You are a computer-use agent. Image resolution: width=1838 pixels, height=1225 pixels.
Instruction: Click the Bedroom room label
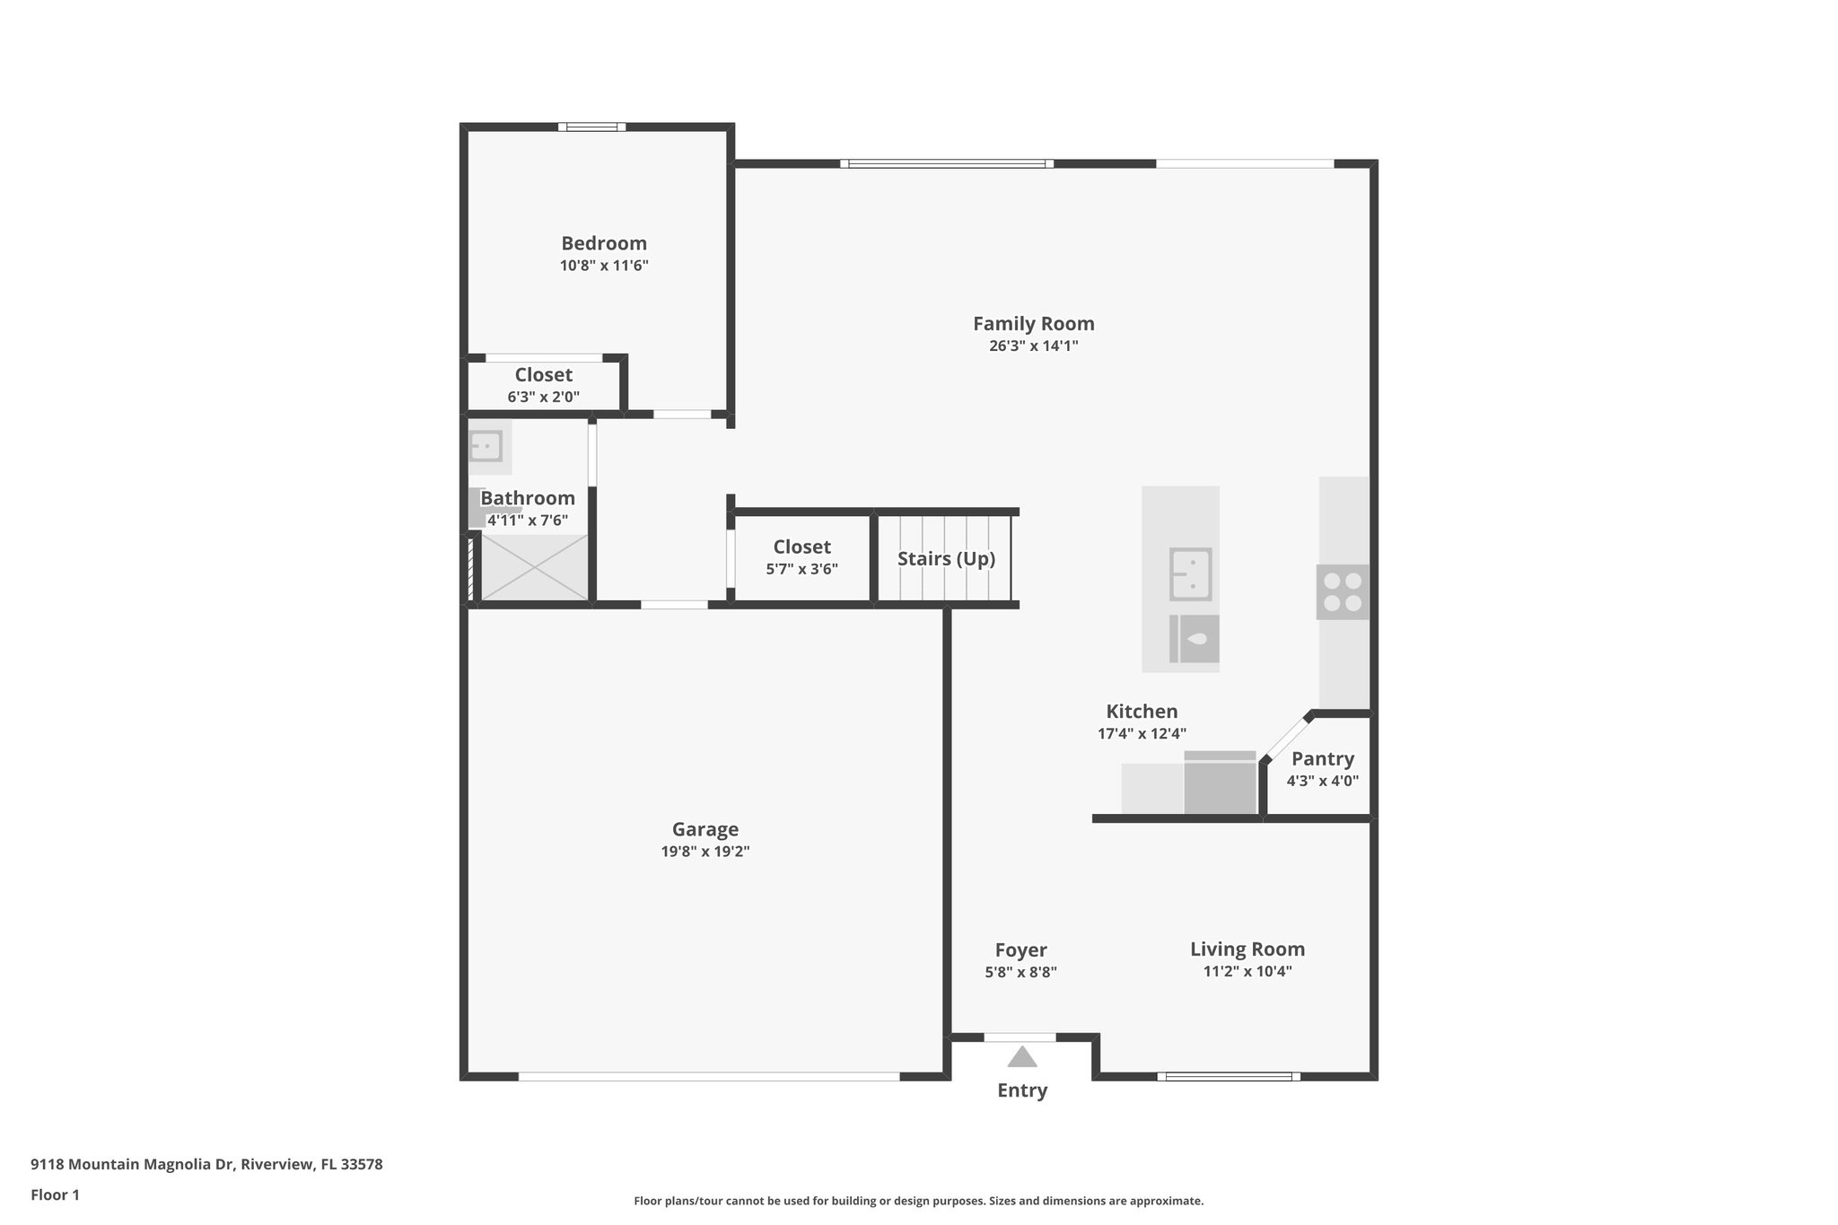coord(603,243)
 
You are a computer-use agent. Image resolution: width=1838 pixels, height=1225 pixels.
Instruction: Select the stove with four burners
coord(1343,592)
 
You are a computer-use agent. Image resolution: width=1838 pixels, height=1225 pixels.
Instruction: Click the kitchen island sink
coord(1190,574)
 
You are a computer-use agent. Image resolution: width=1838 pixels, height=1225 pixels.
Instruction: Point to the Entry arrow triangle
coord(1021,1058)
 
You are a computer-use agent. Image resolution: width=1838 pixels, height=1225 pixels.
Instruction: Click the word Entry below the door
coord(1022,1090)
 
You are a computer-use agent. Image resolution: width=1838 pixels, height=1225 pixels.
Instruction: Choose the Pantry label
coord(1322,759)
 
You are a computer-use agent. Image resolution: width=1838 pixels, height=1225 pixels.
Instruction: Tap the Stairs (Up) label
coord(946,559)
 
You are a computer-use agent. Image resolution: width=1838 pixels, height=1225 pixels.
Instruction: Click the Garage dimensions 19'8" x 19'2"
coord(705,852)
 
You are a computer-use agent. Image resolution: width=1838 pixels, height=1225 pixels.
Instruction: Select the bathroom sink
coord(486,446)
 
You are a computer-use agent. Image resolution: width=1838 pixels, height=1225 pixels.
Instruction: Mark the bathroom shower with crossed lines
coord(535,567)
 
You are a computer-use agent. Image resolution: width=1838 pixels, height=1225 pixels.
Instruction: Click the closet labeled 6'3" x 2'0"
coord(543,385)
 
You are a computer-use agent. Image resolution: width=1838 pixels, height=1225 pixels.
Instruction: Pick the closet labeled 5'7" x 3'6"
coord(801,556)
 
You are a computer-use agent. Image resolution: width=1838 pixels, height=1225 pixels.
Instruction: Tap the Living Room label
coord(1247,949)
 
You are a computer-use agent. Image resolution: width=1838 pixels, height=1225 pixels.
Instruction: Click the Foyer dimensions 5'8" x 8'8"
coord(1020,972)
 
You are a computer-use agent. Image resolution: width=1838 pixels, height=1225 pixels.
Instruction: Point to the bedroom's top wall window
coord(591,127)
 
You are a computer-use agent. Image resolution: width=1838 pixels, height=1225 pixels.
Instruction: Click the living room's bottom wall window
coord(1228,1076)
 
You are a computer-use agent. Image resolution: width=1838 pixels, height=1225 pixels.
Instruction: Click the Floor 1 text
coord(55,1195)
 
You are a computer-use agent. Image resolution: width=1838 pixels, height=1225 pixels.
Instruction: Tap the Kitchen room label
coord(1141,712)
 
